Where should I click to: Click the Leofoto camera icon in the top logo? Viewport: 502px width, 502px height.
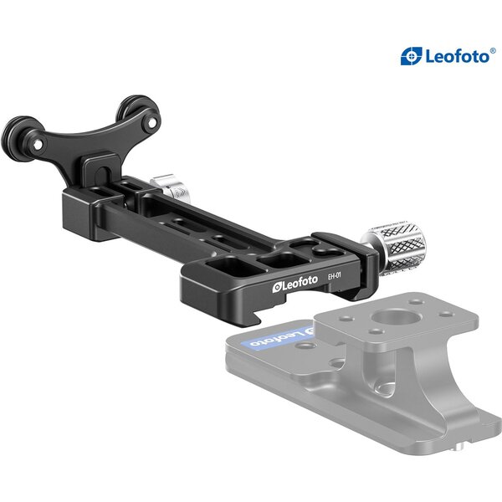(410, 56)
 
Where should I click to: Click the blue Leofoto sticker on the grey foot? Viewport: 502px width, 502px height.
(272, 339)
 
